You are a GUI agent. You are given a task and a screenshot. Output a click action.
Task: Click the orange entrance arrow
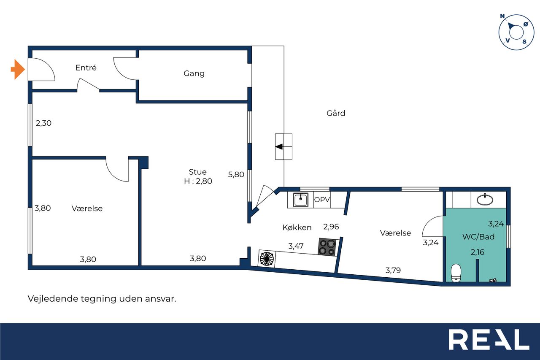[18, 70]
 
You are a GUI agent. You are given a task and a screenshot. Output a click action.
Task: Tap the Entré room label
[86, 68]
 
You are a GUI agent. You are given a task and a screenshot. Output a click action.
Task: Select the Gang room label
[194, 73]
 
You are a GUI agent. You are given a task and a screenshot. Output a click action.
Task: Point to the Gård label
[336, 113]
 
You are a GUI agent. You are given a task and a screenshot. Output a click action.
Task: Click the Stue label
[198, 172]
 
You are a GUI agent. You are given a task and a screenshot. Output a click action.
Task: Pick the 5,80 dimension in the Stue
[236, 175]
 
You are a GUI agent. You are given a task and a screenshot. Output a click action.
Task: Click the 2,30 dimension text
[43, 123]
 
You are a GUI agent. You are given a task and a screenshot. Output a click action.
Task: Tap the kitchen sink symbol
[300, 200]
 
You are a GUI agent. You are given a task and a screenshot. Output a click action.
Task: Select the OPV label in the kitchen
[322, 200]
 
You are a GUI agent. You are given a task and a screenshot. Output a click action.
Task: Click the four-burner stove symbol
[327, 247]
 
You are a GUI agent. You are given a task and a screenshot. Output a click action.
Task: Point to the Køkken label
[297, 227]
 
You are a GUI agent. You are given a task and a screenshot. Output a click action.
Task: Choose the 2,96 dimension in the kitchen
[331, 227]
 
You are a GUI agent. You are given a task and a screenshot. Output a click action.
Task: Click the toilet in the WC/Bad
[456, 273]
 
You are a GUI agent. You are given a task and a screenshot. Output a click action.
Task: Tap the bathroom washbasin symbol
[485, 200]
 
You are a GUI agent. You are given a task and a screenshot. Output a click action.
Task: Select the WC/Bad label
[478, 237]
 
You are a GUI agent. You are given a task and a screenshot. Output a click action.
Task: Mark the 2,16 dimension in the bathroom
[477, 252]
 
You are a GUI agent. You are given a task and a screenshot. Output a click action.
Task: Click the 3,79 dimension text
[393, 270]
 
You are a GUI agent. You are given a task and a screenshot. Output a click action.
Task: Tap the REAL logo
[489, 339]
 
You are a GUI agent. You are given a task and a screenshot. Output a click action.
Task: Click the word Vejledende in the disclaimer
[53, 299]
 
